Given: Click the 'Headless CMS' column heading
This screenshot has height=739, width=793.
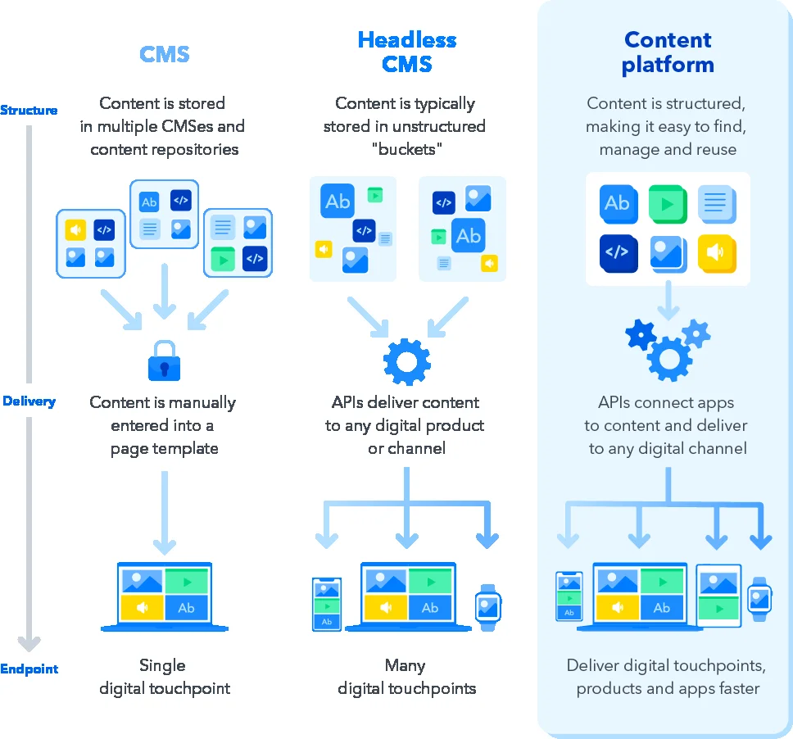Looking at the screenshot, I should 407,52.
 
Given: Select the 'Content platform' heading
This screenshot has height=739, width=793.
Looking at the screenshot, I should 668,52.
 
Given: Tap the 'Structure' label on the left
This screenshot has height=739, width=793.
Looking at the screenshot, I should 29,110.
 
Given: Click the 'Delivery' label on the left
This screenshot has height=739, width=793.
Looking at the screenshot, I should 29,401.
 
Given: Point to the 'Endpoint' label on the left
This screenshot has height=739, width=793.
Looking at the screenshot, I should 29,669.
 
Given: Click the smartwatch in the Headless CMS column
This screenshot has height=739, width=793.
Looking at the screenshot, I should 487,607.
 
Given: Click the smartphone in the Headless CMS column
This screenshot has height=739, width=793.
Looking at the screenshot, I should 326,605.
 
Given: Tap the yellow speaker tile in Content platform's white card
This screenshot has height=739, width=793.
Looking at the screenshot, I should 717,253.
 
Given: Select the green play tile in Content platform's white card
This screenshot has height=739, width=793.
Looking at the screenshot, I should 668,203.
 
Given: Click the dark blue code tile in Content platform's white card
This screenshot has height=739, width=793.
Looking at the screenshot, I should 619,253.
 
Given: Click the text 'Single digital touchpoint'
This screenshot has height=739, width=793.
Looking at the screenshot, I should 164,677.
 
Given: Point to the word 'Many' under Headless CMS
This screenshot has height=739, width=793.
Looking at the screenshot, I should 406,665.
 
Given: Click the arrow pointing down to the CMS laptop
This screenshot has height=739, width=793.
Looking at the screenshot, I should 165,516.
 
